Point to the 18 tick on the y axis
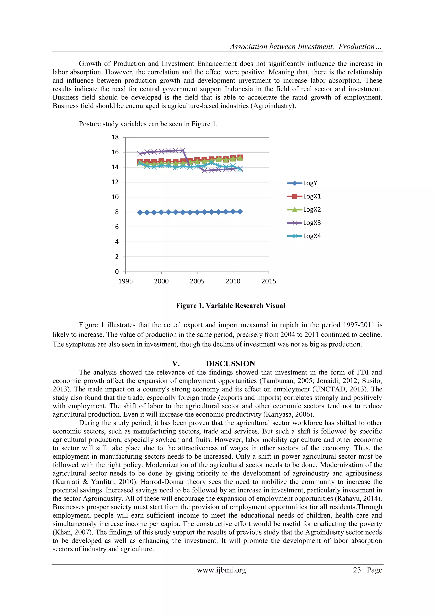115,137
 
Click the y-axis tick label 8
117,212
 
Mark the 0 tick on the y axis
117,272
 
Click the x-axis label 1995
126,281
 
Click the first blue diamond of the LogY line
140,212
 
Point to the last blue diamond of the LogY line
240,212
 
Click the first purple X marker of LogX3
140,154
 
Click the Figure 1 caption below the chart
230,306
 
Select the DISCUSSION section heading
230,364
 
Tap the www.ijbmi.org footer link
221,570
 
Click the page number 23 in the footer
357,570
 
